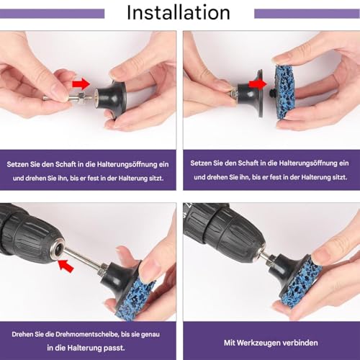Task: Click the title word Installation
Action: click(179, 12)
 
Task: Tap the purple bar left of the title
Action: click(52, 14)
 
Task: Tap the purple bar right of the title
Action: click(307, 14)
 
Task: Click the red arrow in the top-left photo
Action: click(81, 84)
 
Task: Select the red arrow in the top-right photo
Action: click(258, 84)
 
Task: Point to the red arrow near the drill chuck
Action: click(66, 266)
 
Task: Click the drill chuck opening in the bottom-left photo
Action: click(57, 250)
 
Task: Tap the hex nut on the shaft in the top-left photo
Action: click(81, 98)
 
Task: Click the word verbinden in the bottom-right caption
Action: click(301, 343)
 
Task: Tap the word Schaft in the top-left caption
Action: click(66, 164)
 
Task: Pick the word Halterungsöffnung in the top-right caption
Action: click(308, 163)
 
